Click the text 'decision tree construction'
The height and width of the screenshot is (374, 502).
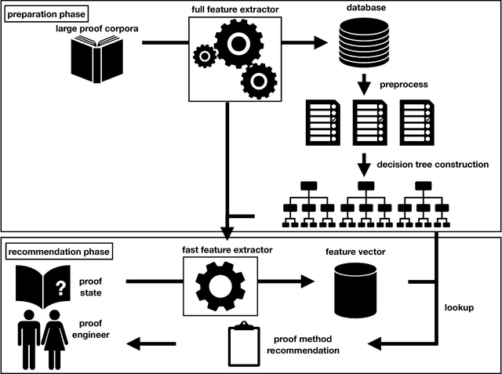[x=433, y=165]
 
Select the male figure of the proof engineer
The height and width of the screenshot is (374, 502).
[x=28, y=338]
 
